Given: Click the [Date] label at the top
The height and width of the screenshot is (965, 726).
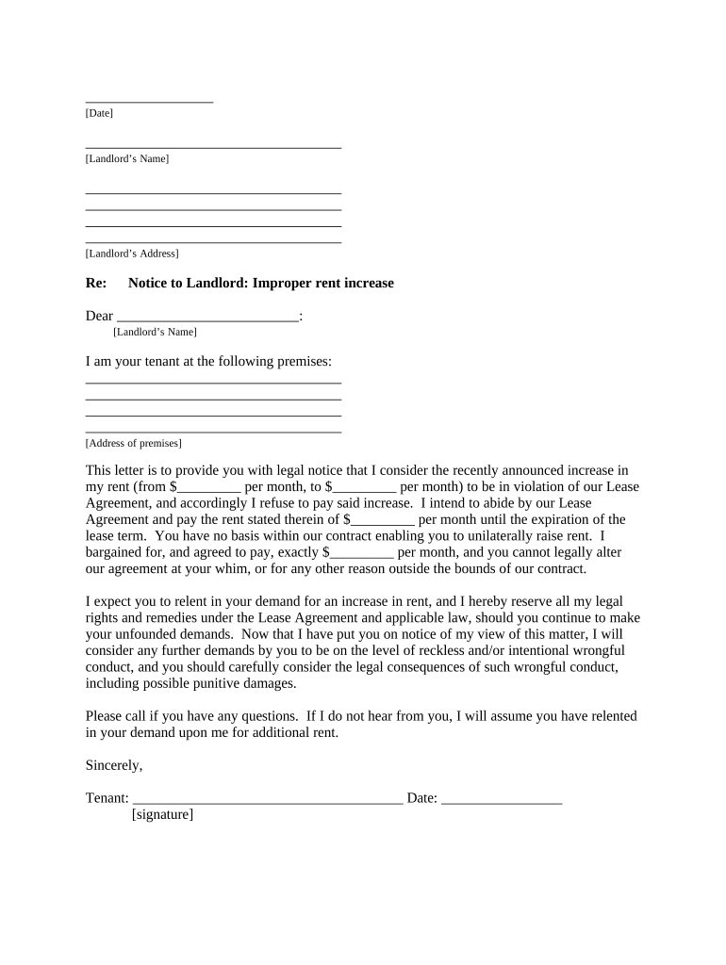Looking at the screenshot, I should pyautogui.click(x=99, y=113).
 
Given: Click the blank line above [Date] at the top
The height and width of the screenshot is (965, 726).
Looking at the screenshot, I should pyautogui.click(x=149, y=100).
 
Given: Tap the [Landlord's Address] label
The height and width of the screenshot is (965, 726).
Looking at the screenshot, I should pyautogui.click(x=132, y=254).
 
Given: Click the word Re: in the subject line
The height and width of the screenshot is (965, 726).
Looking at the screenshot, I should pyautogui.click(x=95, y=283).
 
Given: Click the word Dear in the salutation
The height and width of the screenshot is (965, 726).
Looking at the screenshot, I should pyautogui.click(x=99, y=317).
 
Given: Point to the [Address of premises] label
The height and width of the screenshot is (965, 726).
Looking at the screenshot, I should pyautogui.click(x=133, y=443).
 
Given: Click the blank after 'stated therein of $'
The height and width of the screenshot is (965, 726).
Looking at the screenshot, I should pyautogui.click(x=383, y=521).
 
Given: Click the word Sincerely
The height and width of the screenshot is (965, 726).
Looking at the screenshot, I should pyautogui.click(x=113, y=765).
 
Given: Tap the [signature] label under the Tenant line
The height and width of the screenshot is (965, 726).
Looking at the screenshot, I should pyautogui.click(x=162, y=814).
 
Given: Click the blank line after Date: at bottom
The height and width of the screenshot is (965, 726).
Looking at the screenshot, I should pyautogui.click(x=502, y=800).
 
